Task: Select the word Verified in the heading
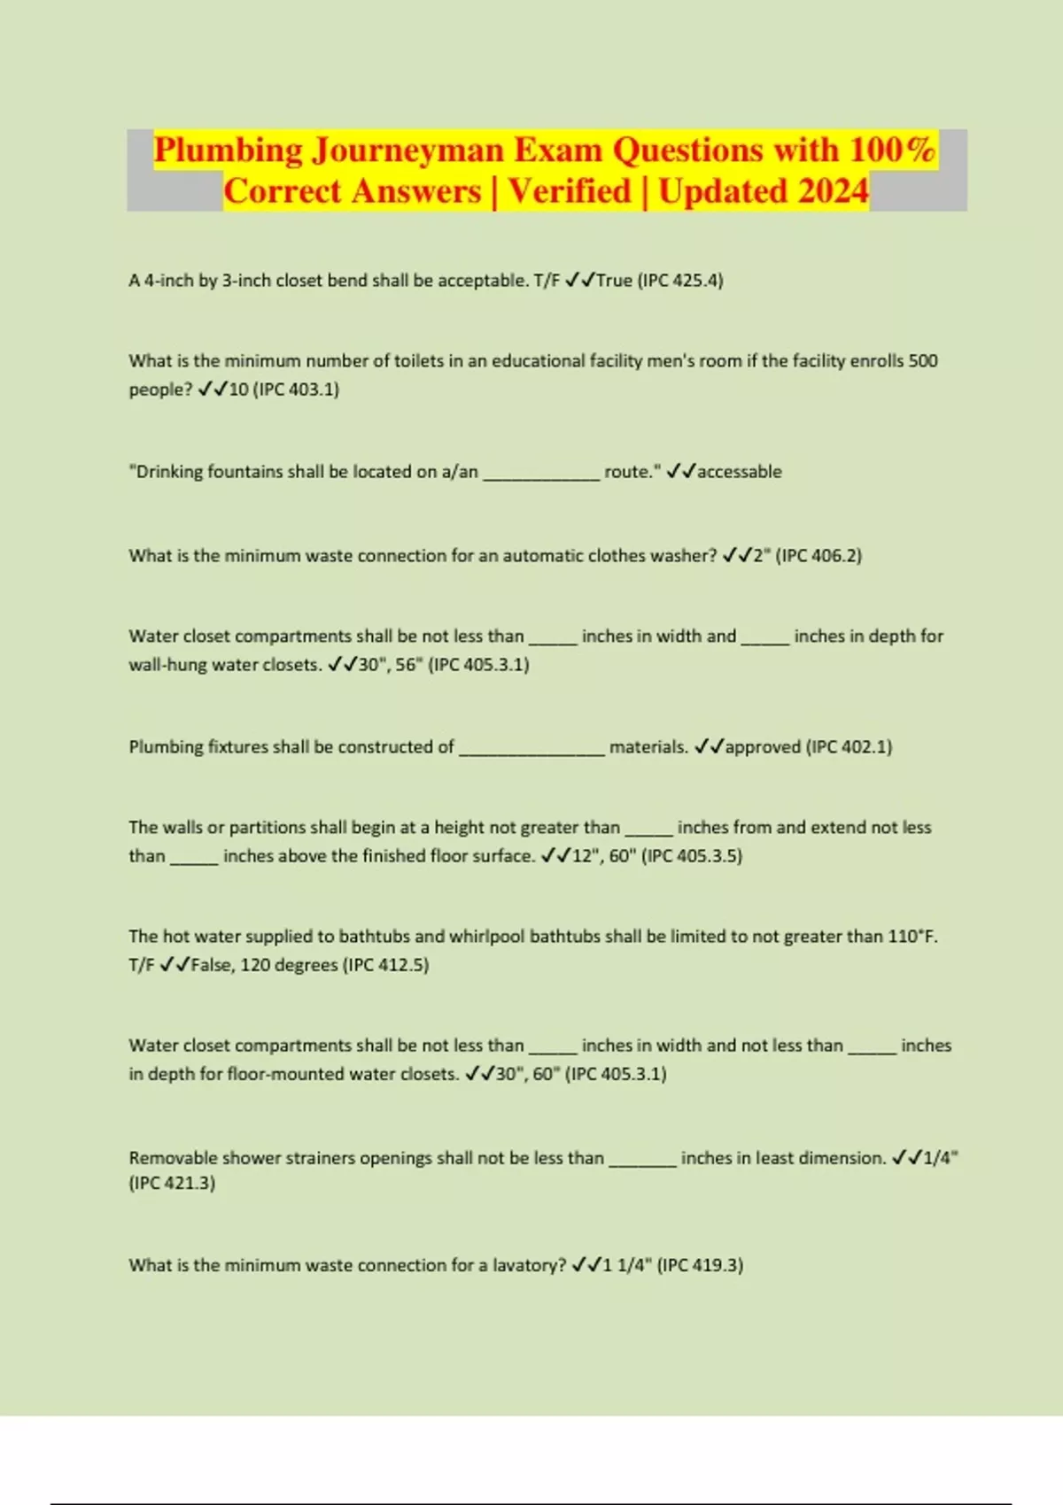570,191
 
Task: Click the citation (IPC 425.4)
680,281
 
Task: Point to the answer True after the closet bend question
614,281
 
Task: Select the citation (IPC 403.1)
296,390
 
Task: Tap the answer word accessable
739,472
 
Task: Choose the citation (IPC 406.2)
819,556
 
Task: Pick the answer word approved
763,747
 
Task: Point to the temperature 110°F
912,937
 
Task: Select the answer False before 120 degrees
211,965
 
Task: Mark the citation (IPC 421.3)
172,1184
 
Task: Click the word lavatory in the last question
528,1266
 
